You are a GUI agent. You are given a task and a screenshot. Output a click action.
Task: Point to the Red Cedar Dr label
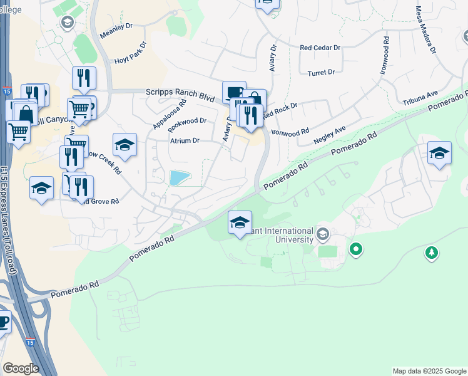[320, 48]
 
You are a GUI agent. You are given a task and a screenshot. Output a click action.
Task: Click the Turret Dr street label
[322, 73]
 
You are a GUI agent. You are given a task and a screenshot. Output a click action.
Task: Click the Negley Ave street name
[330, 135]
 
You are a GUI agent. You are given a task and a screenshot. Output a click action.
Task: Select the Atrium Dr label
[185, 141]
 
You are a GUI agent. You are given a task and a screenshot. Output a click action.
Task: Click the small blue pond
[180, 178]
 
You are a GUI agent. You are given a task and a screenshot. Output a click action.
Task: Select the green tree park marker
[431, 252]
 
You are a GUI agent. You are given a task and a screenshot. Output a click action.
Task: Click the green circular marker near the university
[356, 249]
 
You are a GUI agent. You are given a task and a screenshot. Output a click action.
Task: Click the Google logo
[21, 368]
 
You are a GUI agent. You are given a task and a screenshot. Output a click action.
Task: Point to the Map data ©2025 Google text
[429, 371]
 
